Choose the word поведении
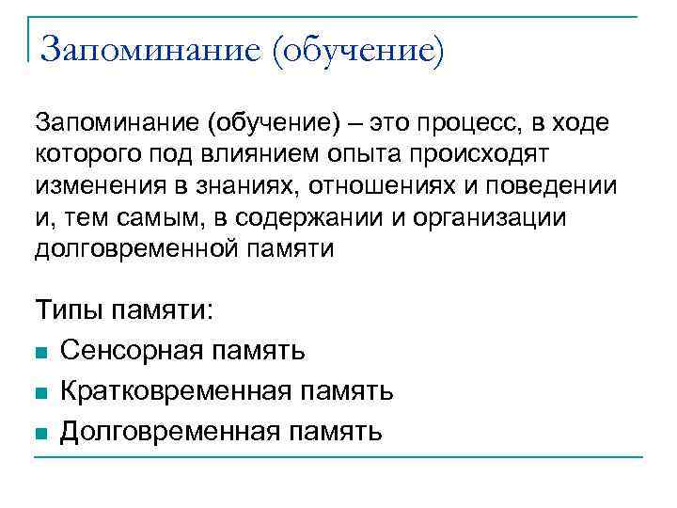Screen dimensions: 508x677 click(x=554, y=185)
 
